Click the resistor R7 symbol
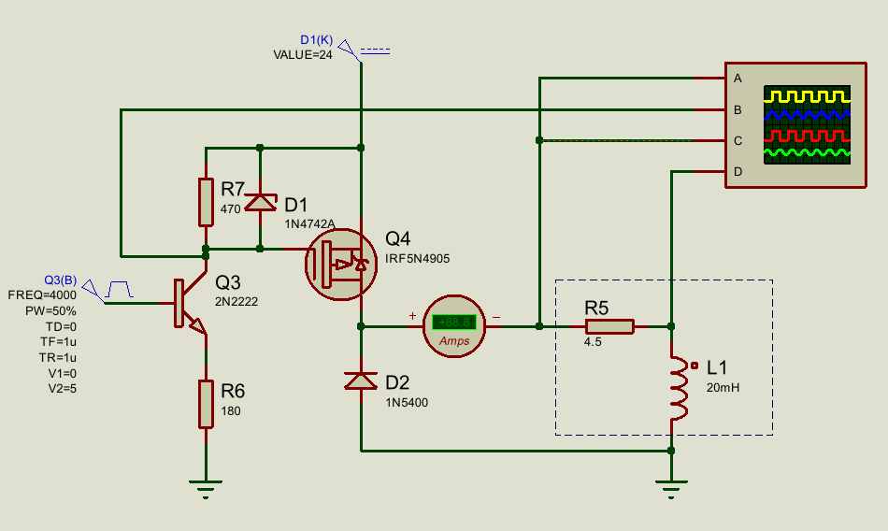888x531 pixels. tap(207, 202)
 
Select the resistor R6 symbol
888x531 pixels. tap(207, 404)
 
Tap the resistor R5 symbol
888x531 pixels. tap(609, 326)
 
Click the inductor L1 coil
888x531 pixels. tap(679, 388)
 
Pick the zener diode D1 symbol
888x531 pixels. tap(260, 202)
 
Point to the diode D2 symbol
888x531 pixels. tap(361, 380)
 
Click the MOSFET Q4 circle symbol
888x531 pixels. tap(341, 264)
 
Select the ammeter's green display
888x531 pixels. tap(454, 323)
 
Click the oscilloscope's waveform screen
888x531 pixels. tap(807, 124)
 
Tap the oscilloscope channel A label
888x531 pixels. tap(738, 79)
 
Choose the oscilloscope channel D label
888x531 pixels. tap(738, 172)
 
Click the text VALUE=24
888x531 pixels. tap(303, 55)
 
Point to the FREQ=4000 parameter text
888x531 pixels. tap(42, 295)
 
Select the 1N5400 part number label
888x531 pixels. tap(407, 403)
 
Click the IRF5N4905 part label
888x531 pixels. tap(418, 259)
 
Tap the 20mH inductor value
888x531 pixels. tap(723, 388)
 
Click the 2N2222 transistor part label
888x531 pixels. tap(236, 302)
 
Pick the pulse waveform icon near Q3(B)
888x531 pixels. tap(119, 289)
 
